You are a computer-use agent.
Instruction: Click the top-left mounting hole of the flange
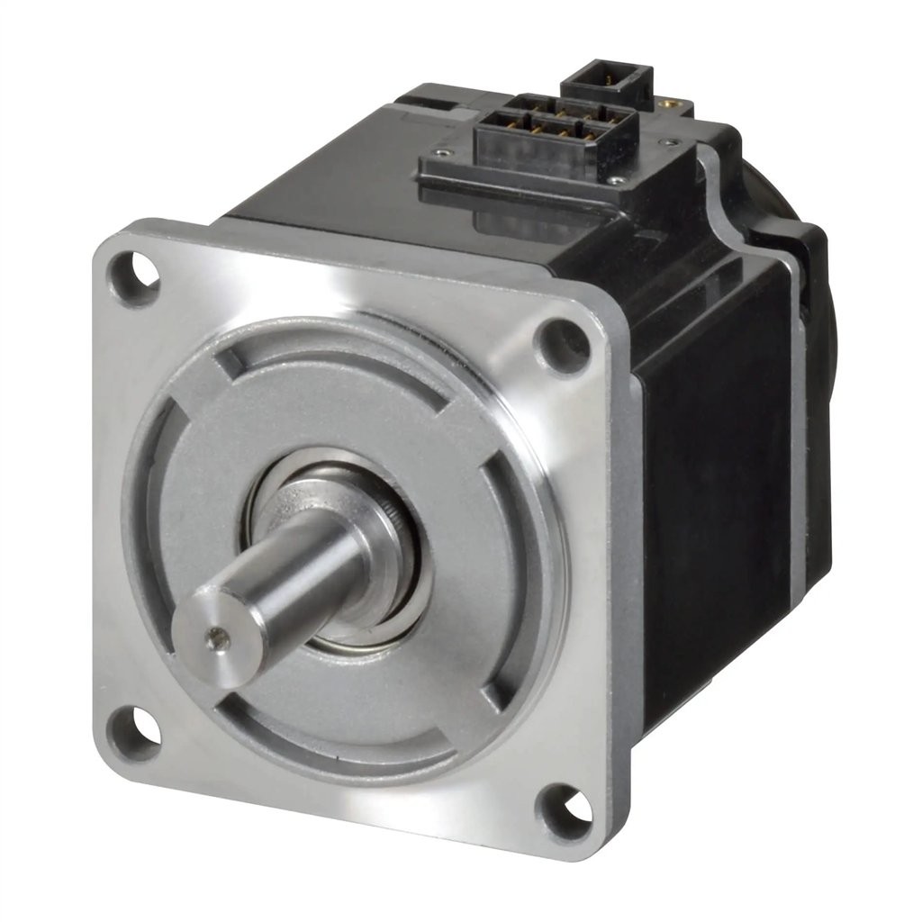click(x=133, y=274)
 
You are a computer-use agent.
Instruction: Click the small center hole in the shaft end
click(x=213, y=641)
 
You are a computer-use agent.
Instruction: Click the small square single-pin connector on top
click(x=606, y=83)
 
